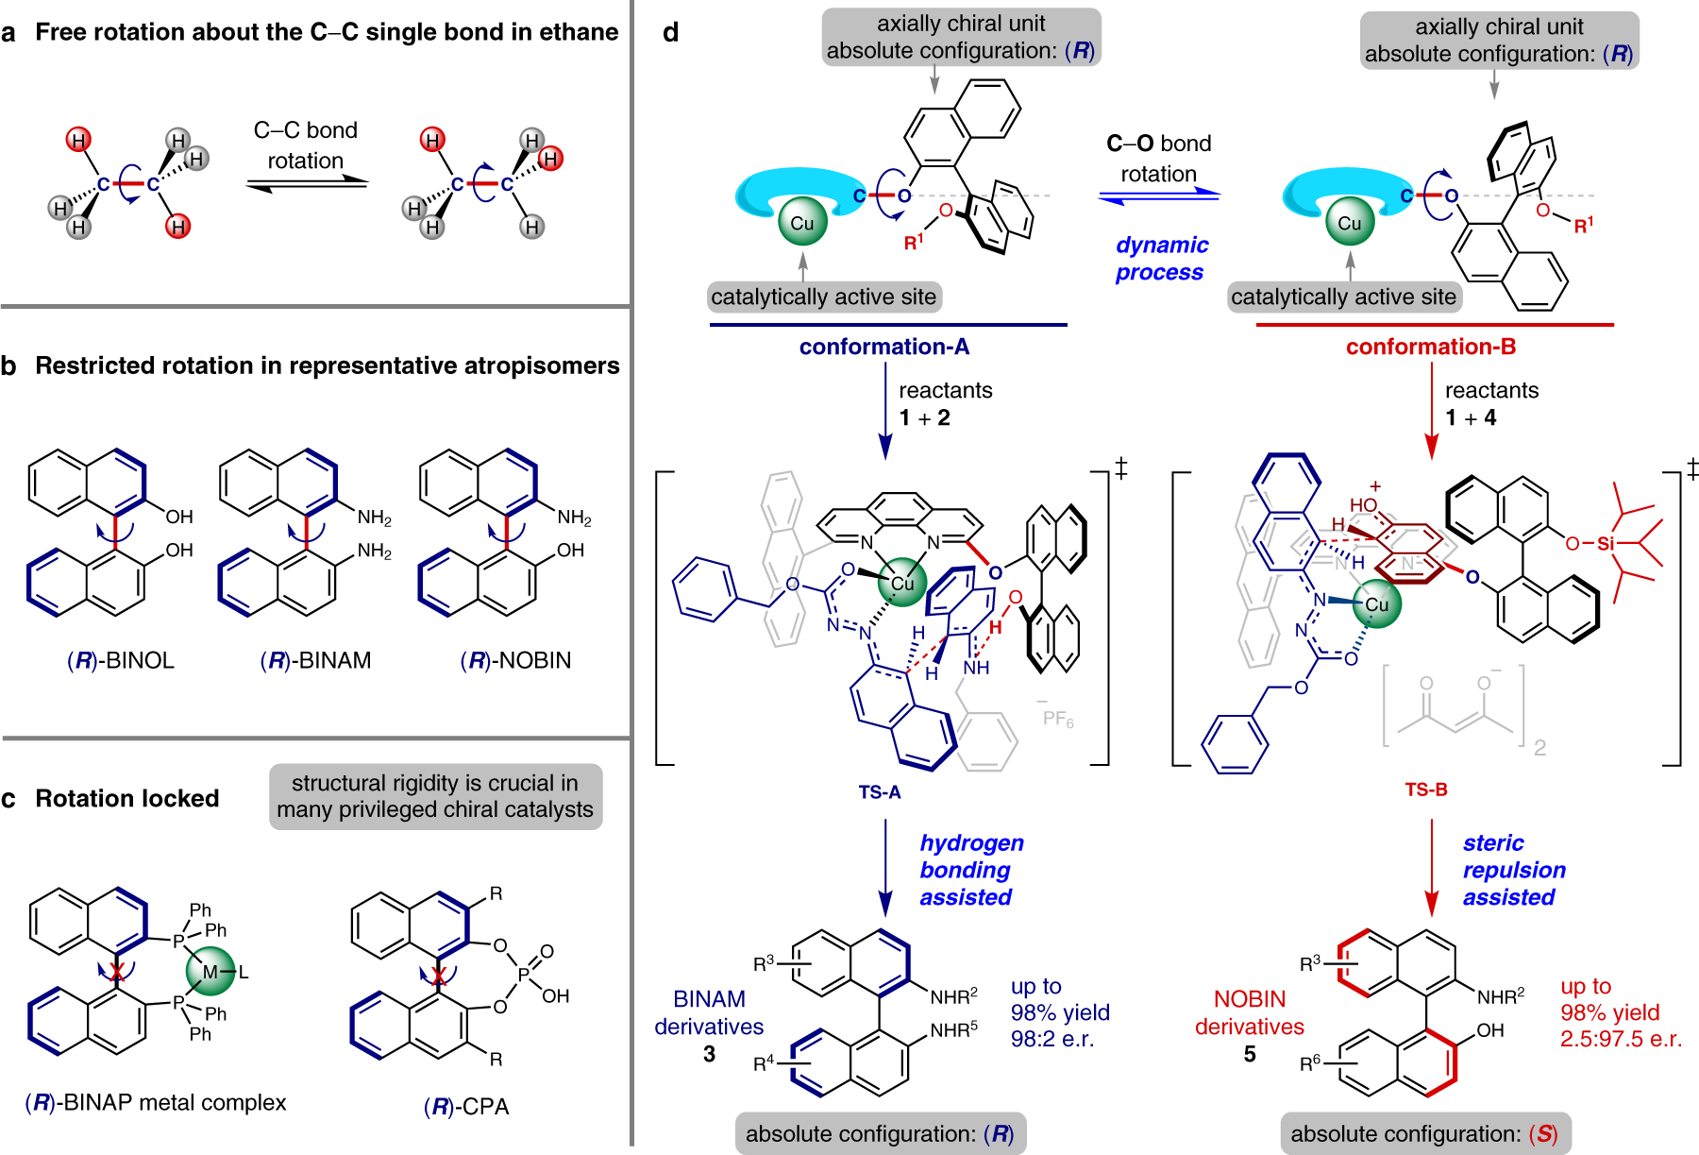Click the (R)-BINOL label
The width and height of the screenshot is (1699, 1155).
coord(121,660)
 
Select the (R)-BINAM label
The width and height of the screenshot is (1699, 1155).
coord(315,660)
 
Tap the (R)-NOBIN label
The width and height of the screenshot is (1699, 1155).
coord(515,660)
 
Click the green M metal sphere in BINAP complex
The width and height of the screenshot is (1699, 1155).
coord(210,972)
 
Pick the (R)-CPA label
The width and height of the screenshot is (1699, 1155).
coord(465,1106)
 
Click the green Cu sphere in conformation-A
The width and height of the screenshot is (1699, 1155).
coord(801,223)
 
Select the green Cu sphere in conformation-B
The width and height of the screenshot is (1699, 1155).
coord(1349,223)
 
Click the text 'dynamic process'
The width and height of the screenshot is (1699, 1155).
coord(1160,259)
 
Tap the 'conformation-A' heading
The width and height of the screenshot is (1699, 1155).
coord(883,347)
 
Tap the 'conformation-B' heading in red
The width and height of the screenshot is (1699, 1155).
coord(1430,347)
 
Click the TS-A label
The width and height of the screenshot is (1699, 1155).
coord(879,792)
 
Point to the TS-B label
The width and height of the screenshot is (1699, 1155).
coord(1425,790)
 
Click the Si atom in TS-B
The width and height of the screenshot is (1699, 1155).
coord(1606,543)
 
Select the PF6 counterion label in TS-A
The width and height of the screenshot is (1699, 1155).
coord(1057,719)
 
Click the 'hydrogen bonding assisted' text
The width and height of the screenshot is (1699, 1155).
coord(970,870)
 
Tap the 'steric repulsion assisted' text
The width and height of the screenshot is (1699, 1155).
coord(1513,870)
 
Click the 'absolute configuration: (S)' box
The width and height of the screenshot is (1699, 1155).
coord(1424,1134)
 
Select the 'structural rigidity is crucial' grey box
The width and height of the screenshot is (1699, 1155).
coord(435,796)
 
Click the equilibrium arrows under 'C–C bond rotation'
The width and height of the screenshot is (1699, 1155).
coord(306,184)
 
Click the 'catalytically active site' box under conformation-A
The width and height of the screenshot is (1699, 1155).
coord(823,297)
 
